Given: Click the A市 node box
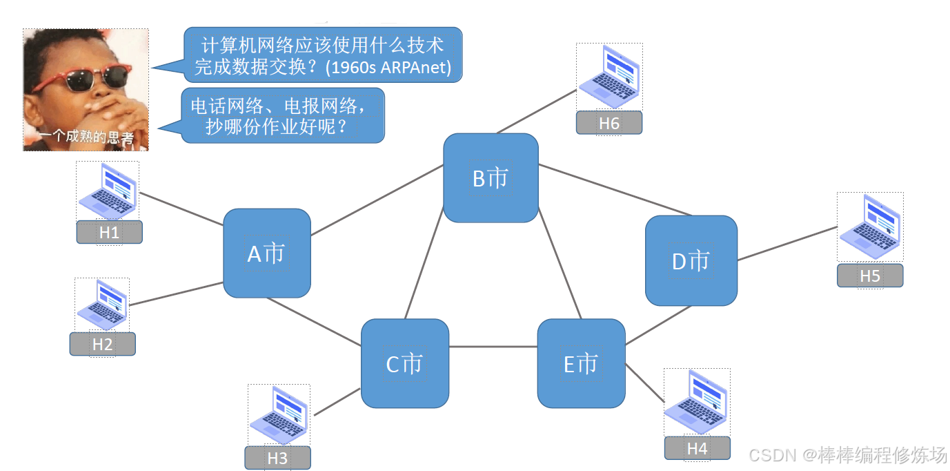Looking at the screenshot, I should (x=267, y=253).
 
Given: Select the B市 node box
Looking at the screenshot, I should (x=491, y=178).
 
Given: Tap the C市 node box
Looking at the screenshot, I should (x=405, y=363).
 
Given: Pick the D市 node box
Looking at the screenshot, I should (x=691, y=260).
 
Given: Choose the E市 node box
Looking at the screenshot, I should (x=581, y=363).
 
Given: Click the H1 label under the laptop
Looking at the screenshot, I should (x=109, y=233).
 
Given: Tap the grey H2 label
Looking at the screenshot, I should (x=102, y=344).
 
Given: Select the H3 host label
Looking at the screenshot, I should (x=277, y=458).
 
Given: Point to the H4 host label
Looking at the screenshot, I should (x=697, y=448).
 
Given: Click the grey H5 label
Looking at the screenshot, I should (x=870, y=276).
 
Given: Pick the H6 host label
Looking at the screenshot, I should (x=609, y=123).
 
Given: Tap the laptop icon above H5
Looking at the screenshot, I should (x=870, y=227).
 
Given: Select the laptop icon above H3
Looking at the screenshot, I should (x=279, y=414).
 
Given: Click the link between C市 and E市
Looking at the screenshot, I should (x=493, y=346).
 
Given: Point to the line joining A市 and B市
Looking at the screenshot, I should (x=377, y=200).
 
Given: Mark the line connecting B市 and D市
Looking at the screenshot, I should (x=614, y=189).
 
